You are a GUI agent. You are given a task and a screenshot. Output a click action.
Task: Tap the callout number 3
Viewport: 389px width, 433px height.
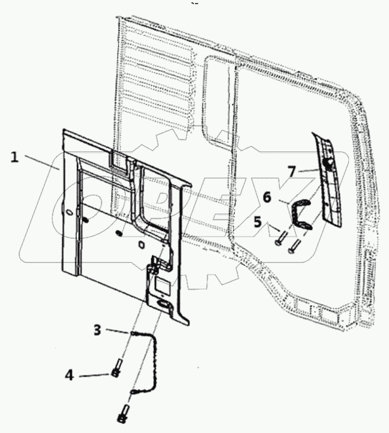pyautogui.click(x=98, y=330)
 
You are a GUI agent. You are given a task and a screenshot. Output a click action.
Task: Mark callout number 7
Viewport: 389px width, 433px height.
pyautogui.click(x=292, y=171)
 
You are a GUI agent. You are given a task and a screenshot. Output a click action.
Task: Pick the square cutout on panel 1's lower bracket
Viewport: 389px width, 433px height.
pyautogui.click(x=162, y=283)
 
